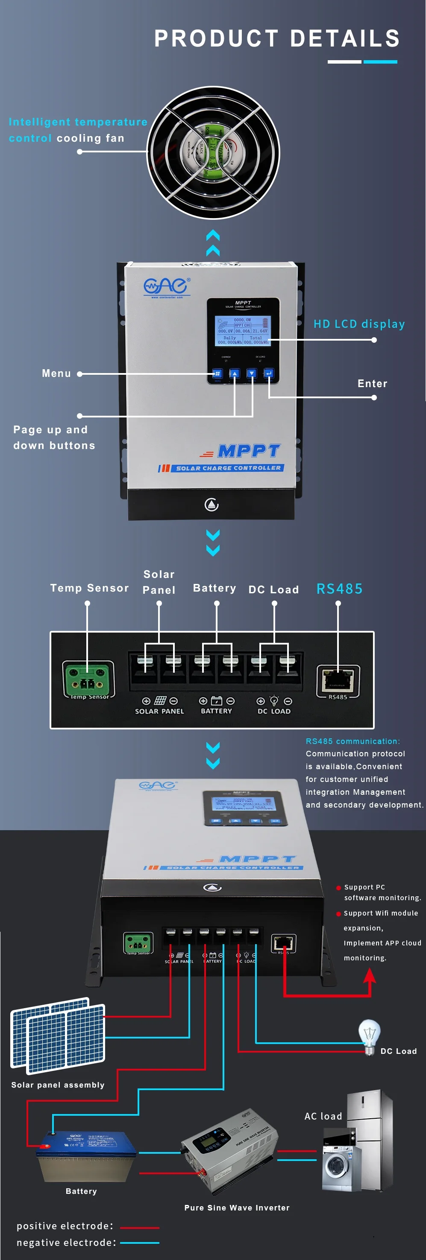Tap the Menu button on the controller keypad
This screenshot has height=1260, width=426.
tap(217, 374)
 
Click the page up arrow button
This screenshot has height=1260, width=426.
tap(235, 374)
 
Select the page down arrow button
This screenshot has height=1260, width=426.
tap(252, 374)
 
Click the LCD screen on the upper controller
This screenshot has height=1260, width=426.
tap(243, 331)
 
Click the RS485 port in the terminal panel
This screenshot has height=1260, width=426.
tap(338, 679)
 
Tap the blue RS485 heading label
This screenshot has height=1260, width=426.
tap(339, 589)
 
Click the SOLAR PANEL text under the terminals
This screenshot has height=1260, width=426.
tap(160, 711)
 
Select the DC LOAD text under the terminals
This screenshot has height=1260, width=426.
tap(274, 711)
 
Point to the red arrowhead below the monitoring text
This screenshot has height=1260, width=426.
tap(370, 976)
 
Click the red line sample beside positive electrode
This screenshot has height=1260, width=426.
tap(140, 1227)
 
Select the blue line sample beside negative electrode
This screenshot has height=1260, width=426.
tap(140, 1242)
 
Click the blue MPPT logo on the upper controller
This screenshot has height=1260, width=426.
tap(249, 450)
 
